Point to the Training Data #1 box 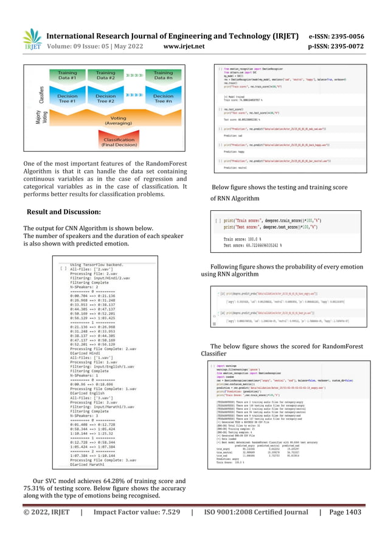coord(67,76)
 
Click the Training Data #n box coord(163,76)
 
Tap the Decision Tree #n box coord(163,99)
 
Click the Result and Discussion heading coord(63,211)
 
